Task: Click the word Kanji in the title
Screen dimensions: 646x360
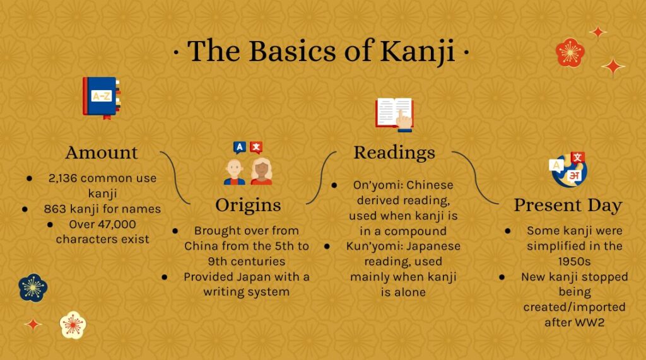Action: point(417,52)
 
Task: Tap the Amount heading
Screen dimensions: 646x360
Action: point(102,153)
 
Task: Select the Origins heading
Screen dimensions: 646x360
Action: point(248,205)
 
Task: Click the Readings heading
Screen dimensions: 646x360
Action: point(394,153)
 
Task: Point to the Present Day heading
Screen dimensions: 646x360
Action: point(568,205)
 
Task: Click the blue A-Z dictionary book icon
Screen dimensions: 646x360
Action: point(102,98)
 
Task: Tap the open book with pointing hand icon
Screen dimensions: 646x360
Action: point(394,115)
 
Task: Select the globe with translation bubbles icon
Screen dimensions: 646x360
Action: point(568,170)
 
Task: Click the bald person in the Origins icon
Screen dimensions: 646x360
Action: point(235,171)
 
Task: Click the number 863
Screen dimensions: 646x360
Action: point(55,209)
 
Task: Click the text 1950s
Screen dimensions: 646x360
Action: point(574,262)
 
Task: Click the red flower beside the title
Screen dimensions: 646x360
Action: point(570,53)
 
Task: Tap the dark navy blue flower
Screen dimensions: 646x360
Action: point(33,288)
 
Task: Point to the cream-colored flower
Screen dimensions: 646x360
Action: point(73,325)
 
